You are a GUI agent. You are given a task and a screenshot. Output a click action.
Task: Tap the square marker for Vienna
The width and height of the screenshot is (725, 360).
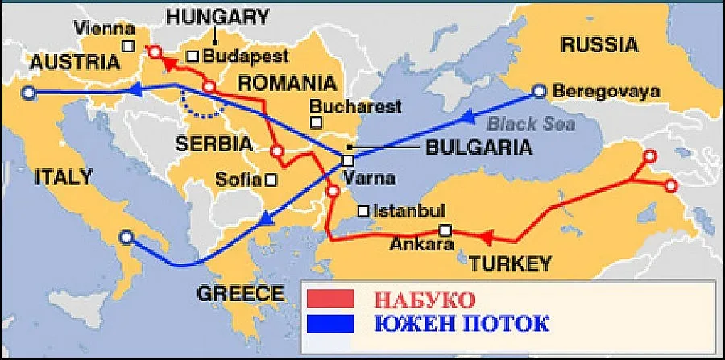click(x=128, y=46)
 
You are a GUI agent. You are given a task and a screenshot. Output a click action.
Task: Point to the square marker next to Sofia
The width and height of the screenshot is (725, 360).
click(x=271, y=180)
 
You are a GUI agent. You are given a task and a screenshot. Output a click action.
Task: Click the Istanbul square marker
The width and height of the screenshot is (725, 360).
click(x=364, y=210)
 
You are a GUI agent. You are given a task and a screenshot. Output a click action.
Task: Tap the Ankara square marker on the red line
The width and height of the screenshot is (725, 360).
click(x=445, y=231)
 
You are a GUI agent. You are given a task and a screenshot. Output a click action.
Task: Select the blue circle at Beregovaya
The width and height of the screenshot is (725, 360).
click(x=540, y=91)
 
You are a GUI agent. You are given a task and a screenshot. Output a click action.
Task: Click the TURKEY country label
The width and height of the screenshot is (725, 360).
click(x=511, y=263)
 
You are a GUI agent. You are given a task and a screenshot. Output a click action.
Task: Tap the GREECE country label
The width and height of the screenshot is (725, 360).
click(x=241, y=292)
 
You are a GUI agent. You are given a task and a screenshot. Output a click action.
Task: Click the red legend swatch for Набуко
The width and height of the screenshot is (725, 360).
click(x=330, y=300)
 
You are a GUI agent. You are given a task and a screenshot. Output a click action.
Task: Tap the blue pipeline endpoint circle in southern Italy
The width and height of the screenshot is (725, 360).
click(x=126, y=238)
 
